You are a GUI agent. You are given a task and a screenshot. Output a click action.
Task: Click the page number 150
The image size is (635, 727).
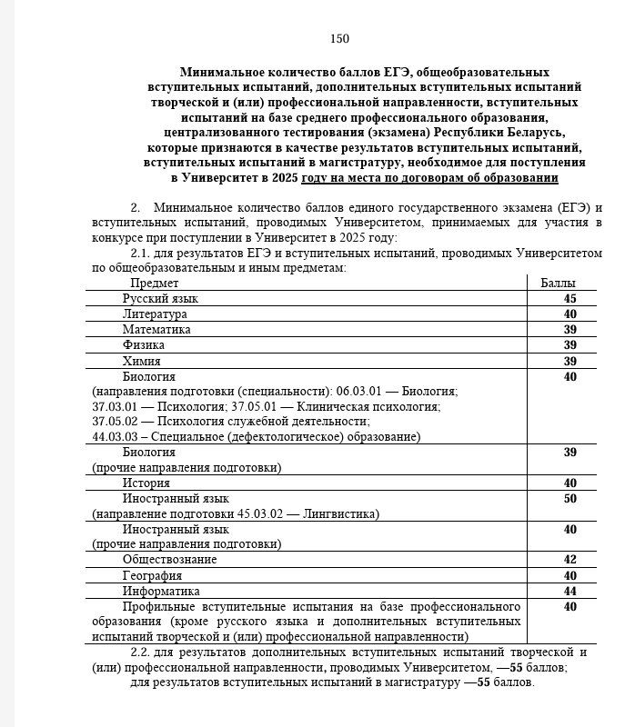(x=339, y=38)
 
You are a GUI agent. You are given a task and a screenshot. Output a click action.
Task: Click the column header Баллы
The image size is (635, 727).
(x=558, y=284)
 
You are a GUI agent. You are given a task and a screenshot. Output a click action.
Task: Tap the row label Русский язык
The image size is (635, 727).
(x=160, y=298)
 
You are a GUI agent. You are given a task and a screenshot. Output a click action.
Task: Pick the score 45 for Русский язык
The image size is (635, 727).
(x=569, y=298)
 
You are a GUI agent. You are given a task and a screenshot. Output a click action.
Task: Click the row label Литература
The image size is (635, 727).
(x=155, y=314)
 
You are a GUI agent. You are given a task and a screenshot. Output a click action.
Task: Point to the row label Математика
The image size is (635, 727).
(x=156, y=329)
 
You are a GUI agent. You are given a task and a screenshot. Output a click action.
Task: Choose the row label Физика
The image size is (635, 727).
(x=144, y=344)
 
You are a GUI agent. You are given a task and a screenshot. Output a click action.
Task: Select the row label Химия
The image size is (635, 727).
(x=141, y=361)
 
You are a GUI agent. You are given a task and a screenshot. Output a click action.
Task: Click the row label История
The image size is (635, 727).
(x=146, y=483)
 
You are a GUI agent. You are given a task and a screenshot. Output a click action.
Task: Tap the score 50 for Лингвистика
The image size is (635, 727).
(x=569, y=499)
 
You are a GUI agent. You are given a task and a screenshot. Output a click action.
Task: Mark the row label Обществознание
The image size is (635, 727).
(x=169, y=560)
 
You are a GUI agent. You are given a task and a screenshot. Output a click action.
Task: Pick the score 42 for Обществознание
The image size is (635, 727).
(x=569, y=560)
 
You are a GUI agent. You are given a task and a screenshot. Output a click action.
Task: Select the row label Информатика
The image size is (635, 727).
(x=161, y=591)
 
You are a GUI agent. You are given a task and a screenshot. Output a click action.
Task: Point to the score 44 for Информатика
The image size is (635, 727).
(x=569, y=591)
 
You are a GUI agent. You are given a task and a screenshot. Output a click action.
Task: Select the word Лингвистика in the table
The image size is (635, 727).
(x=341, y=514)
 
